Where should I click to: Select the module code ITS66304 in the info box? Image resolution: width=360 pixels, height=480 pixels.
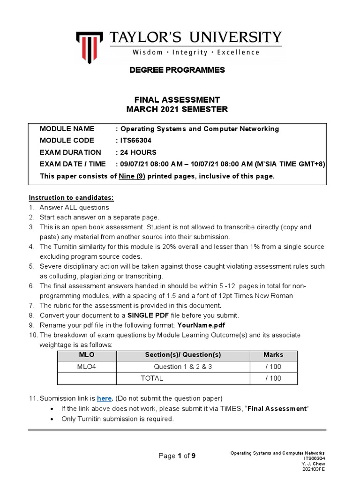[x=139, y=141]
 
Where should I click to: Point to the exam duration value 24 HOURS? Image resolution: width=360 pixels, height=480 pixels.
[x=138, y=152]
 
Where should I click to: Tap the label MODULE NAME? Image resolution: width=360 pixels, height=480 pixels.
[x=67, y=129]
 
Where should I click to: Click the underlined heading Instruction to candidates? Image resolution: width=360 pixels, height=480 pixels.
[x=71, y=197]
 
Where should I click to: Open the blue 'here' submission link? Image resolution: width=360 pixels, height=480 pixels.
[x=105, y=398]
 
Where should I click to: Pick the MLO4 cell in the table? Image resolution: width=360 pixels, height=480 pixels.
[x=86, y=367]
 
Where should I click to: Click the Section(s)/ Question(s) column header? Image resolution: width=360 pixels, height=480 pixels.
[x=183, y=355]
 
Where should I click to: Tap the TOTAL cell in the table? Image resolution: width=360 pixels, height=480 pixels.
[x=152, y=378]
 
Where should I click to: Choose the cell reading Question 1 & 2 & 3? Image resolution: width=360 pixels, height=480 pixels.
[x=183, y=367]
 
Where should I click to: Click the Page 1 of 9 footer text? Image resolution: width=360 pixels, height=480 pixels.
[x=177, y=456]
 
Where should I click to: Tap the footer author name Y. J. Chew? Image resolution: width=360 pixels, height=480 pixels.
[x=314, y=464]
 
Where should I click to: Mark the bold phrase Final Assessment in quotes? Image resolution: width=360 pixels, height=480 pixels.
[x=277, y=409]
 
